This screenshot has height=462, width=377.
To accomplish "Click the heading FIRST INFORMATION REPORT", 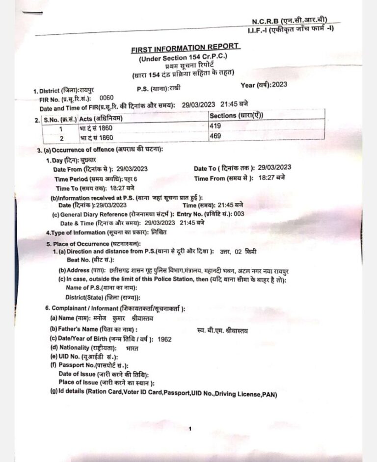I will pos(185,49).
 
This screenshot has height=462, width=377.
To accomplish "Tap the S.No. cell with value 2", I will pos(61,138).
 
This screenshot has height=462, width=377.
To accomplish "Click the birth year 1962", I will pos(162,339).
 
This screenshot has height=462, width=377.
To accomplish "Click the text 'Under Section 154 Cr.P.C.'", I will pos(183,58).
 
